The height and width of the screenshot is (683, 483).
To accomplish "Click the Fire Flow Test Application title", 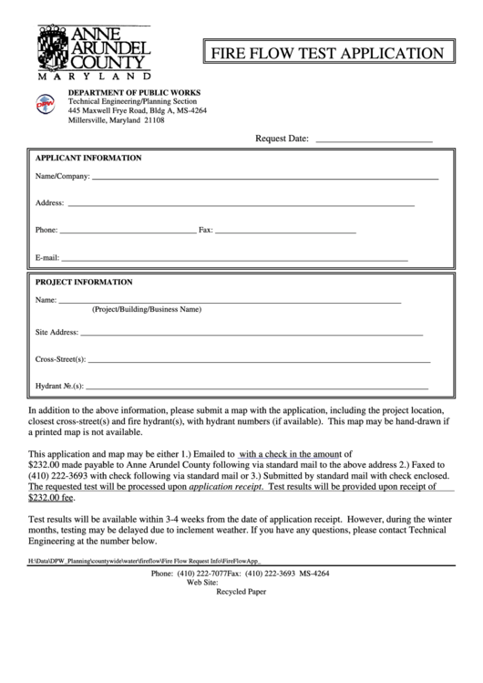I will [x=328, y=54].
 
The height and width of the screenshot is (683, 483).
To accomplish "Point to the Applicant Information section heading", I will [x=88, y=158].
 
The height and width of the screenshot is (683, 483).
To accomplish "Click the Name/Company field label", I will [x=62, y=175].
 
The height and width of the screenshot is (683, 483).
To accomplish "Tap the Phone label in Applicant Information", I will [x=46, y=230].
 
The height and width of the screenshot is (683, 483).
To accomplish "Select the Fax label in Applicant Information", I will [x=205, y=230].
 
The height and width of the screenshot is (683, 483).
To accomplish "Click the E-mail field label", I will [x=47, y=258].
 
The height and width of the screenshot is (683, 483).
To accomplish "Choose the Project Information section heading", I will [x=84, y=282].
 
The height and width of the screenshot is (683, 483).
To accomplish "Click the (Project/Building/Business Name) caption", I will [x=146, y=309].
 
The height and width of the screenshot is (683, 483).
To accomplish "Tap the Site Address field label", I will [x=57, y=332].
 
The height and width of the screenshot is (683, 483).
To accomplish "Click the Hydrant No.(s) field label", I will [x=59, y=386].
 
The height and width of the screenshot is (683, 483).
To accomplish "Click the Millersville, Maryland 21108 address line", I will [x=117, y=120].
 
